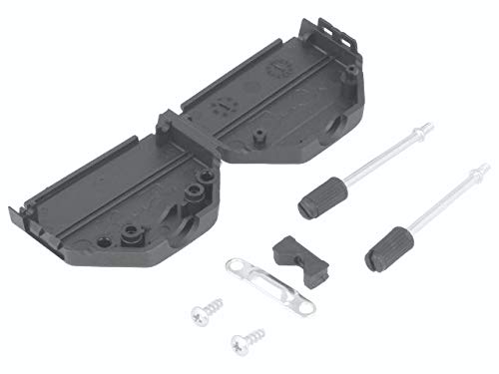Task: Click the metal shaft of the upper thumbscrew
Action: (374, 164)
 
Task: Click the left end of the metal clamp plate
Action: (233, 266)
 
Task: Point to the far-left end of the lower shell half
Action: (14, 213)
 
